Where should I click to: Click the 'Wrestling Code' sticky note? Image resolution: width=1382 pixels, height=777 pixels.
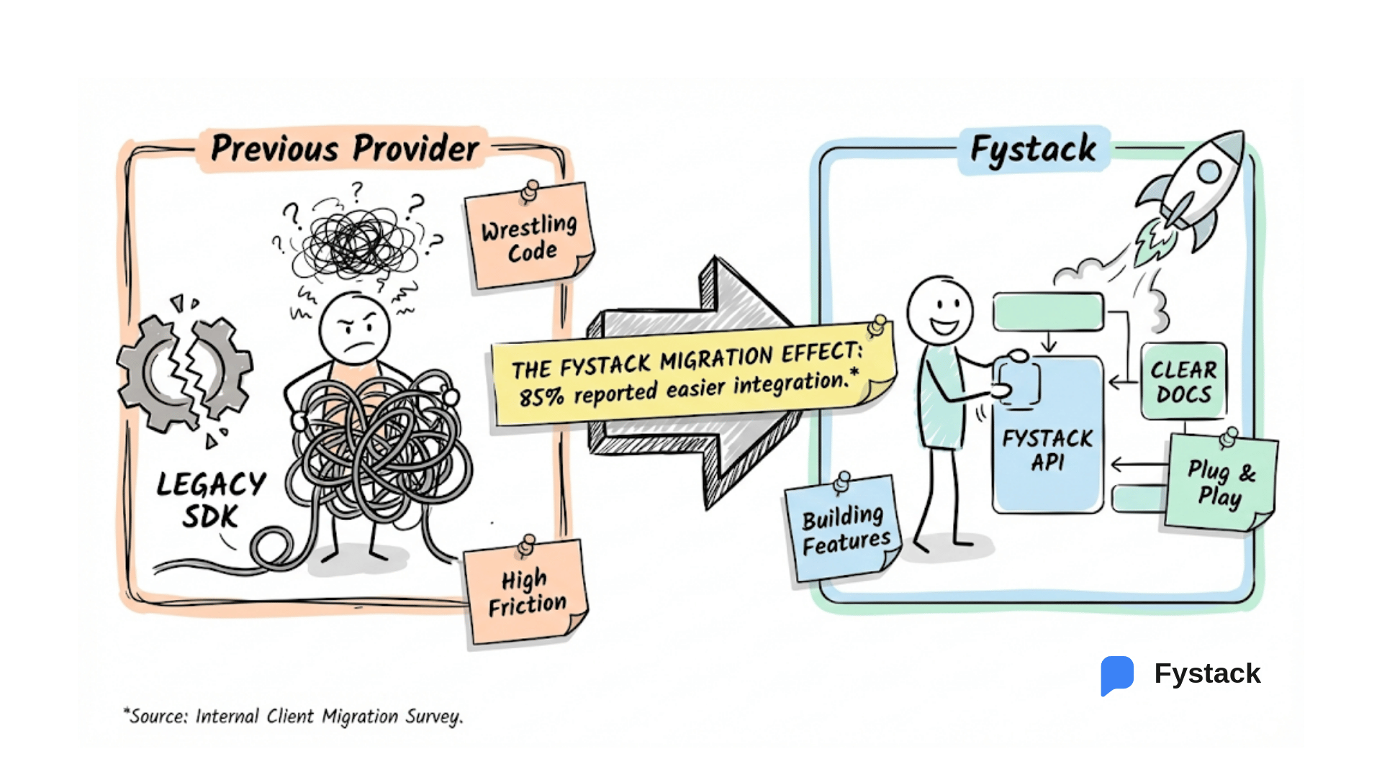point(530,237)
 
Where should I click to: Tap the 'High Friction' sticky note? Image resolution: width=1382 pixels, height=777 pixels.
point(527,593)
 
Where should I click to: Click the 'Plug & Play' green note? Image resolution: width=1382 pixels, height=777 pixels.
point(1221,483)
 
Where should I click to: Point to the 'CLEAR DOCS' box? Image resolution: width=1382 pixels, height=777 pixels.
point(1183,381)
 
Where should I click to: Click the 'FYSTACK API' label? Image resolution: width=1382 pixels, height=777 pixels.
point(1047,450)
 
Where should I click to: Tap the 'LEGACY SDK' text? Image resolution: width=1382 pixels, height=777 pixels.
point(210,499)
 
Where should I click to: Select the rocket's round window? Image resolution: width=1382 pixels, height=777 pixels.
point(1209,171)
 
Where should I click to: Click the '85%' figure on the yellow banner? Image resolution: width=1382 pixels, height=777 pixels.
point(541,396)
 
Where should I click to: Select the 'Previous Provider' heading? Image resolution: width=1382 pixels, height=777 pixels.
point(344,149)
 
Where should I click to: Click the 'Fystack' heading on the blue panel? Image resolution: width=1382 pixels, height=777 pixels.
point(1033,150)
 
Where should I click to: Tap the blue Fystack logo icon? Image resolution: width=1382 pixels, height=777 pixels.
point(1117,675)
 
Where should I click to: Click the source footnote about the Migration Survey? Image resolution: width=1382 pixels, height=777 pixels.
point(294,717)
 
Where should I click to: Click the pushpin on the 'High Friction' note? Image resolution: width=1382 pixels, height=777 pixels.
point(528,545)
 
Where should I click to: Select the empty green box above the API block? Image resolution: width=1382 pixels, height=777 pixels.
point(1048,312)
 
